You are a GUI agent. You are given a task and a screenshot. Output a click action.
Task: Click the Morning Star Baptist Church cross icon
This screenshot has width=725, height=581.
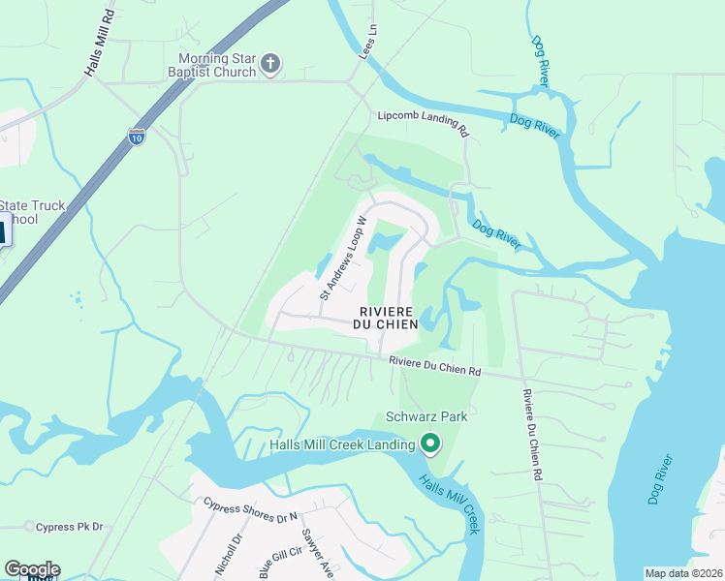tap(271, 64)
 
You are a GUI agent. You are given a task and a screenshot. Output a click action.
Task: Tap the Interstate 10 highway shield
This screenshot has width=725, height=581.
tap(138, 137)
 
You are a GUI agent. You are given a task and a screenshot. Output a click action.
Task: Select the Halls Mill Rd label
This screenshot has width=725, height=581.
tap(98, 44)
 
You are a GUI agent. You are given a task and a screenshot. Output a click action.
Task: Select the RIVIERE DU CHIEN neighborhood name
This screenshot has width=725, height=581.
tap(388, 318)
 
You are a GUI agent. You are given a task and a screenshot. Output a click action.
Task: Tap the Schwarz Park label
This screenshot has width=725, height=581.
tap(426, 416)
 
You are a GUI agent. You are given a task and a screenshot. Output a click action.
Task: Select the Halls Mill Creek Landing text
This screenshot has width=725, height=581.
tap(342, 445)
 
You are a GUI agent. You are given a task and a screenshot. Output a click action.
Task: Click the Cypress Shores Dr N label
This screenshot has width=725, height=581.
tap(250, 511)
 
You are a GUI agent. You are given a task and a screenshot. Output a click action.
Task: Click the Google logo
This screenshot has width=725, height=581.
tap(32, 569)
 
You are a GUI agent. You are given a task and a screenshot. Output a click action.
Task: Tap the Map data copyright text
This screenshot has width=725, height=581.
tap(684, 572)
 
